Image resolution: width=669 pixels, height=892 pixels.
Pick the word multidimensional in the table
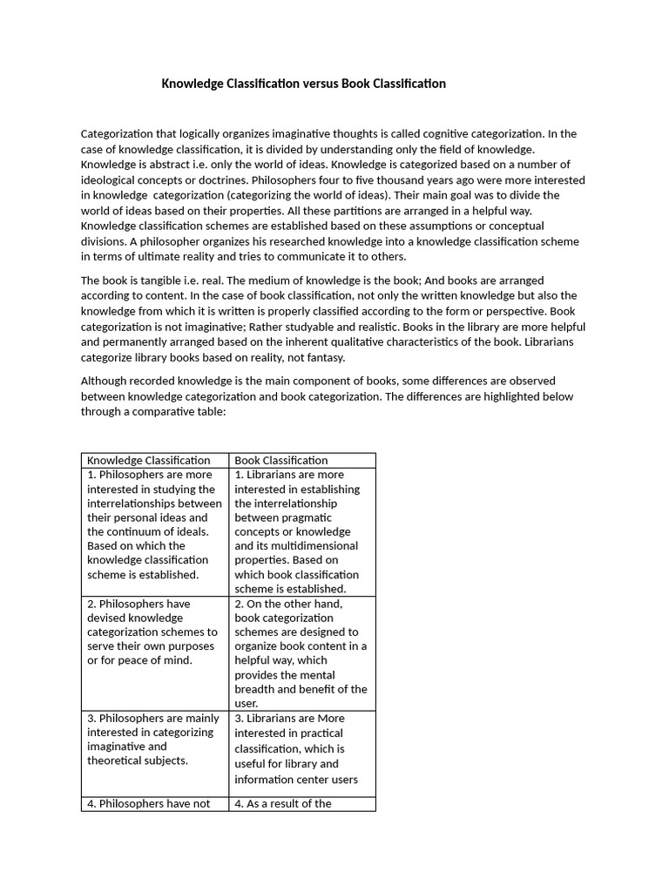coord(309,546)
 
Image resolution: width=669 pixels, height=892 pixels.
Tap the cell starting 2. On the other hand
coord(301,652)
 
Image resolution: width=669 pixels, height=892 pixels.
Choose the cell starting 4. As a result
coord(301,804)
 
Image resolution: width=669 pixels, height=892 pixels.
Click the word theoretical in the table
coord(118,760)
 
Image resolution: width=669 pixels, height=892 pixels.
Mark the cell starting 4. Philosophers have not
coord(154,804)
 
